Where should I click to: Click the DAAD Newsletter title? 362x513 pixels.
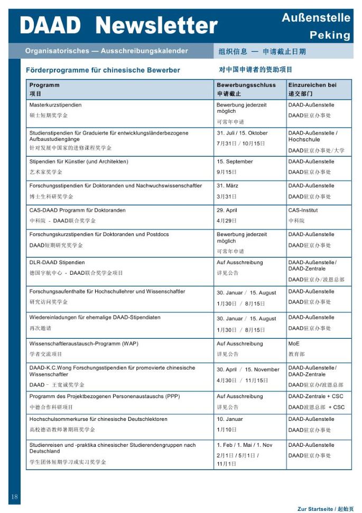(119, 25)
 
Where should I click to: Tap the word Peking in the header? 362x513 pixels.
(330, 35)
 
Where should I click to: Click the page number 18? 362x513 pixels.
(14, 497)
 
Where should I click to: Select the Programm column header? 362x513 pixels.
(44, 85)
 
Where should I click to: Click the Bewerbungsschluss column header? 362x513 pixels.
(246, 85)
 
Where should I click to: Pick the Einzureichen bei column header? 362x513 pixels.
(312, 85)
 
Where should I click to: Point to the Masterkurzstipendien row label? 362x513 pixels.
(55, 105)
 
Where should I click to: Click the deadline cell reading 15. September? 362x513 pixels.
(235, 161)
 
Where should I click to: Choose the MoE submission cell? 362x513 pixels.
(294, 344)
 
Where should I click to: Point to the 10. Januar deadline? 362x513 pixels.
(230, 419)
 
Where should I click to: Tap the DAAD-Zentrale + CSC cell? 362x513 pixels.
(315, 396)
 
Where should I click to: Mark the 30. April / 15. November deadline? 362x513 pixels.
(247, 370)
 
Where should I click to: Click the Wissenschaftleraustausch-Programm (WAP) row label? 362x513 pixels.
(83, 344)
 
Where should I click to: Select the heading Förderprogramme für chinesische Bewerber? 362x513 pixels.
(103, 70)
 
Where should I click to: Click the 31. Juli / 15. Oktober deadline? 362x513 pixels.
(242, 133)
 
